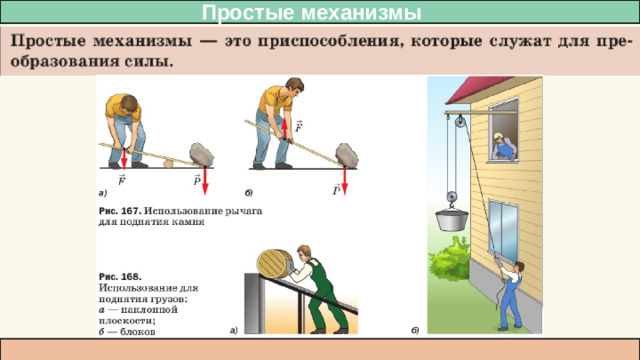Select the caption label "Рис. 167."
[x=122, y=210]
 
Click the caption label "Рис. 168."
[x=120, y=274]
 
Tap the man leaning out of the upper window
[x=505, y=146]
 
